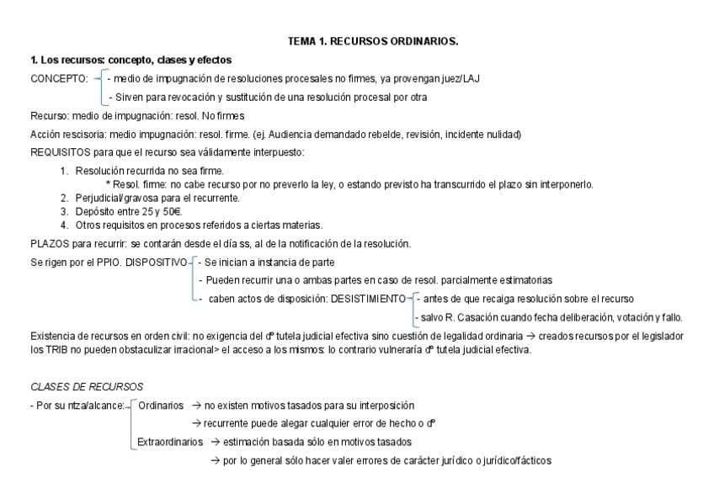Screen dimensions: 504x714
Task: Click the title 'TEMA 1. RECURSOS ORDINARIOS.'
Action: click(373, 40)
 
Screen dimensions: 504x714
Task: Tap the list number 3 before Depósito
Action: click(64, 211)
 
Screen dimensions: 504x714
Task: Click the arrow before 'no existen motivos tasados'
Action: click(195, 406)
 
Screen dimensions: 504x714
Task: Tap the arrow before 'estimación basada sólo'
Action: click(215, 442)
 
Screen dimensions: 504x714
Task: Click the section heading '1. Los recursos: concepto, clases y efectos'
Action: click(131, 60)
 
